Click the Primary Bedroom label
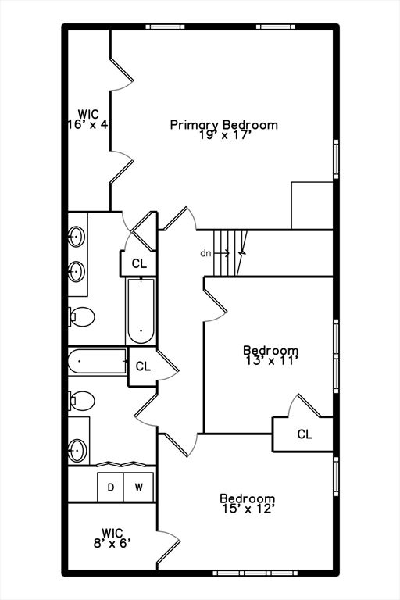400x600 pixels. [x=223, y=125]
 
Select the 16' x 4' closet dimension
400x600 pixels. [x=87, y=124]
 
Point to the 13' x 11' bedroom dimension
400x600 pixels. [x=270, y=361]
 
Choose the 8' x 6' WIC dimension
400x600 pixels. [x=110, y=542]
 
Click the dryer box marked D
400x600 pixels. [x=111, y=487]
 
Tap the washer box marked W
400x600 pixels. [x=139, y=487]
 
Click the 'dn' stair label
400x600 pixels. [x=205, y=253]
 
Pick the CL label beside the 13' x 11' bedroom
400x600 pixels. [x=305, y=434]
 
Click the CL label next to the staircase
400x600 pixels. [x=139, y=263]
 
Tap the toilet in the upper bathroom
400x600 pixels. [x=81, y=317]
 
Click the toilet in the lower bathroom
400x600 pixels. [x=81, y=401]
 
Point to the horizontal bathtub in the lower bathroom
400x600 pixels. [x=98, y=361]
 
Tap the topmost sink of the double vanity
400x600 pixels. [x=77, y=235]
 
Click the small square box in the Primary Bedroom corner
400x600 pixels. [x=312, y=205]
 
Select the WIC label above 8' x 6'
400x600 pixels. [x=112, y=532]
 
